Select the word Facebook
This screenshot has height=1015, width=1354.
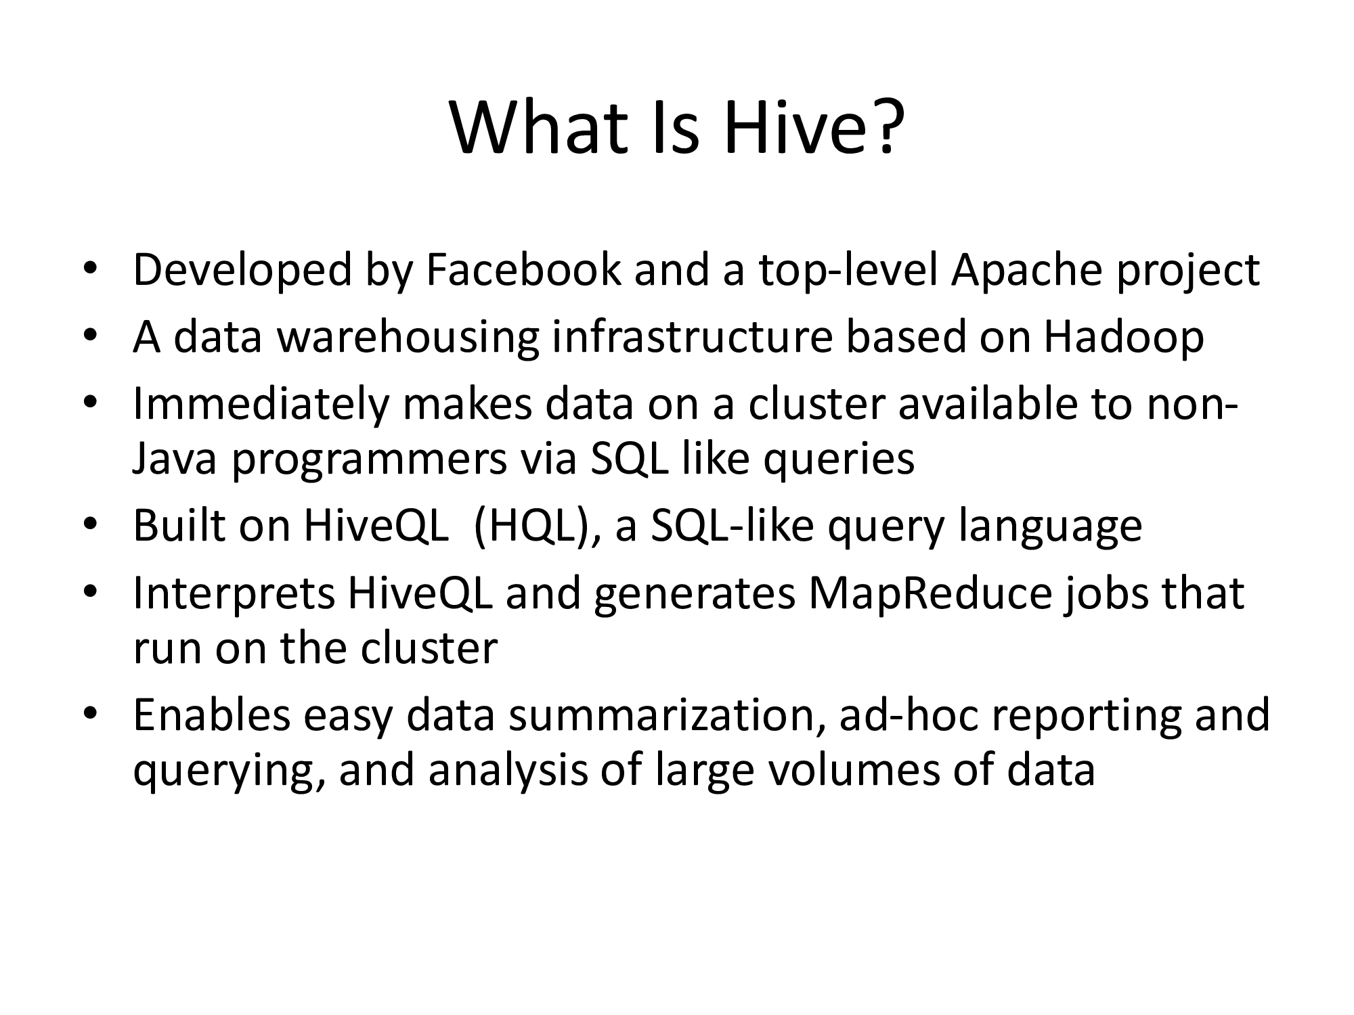523,269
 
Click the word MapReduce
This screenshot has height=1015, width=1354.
930,593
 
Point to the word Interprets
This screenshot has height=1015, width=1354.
234,593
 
